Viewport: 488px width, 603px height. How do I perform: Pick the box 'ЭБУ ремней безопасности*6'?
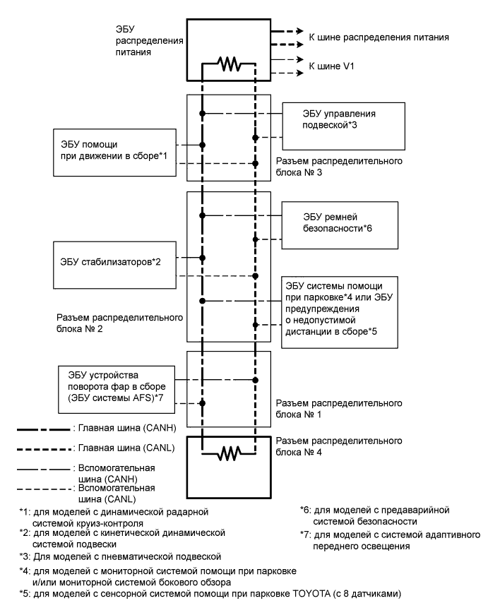[343, 223]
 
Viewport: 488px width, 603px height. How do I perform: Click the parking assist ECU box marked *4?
[343, 306]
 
